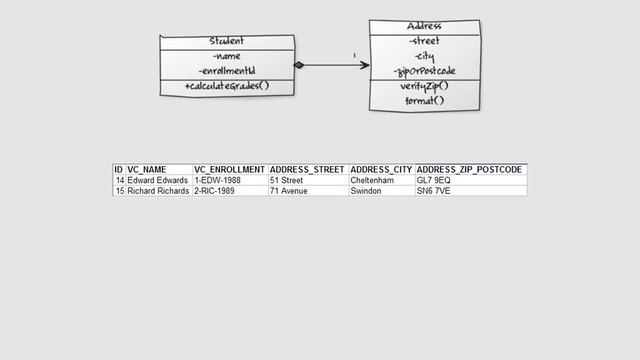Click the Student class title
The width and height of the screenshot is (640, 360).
[227, 41]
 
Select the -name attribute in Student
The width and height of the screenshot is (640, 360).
[227, 56]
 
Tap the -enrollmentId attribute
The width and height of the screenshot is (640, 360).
[227, 72]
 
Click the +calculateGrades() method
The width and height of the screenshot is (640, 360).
[227, 87]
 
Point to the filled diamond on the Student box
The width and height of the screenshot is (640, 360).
[299, 66]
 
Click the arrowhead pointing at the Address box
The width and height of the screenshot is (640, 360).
[364, 66]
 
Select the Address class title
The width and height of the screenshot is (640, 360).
[425, 26]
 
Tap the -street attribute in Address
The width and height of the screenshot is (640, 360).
[425, 41]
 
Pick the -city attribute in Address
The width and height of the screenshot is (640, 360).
[425, 56]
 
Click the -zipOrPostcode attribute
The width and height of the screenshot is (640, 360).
[425, 71]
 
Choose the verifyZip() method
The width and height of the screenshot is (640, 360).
[425, 86]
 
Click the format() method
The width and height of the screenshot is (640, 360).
[425, 101]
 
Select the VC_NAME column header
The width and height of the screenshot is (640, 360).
[147, 170]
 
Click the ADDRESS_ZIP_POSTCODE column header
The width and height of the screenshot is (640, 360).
[469, 170]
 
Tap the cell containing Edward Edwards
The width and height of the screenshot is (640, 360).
[158, 180]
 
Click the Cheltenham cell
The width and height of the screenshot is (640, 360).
[372, 180]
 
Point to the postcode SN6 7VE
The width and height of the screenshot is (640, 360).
[434, 190]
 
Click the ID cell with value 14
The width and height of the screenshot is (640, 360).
[119, 180]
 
